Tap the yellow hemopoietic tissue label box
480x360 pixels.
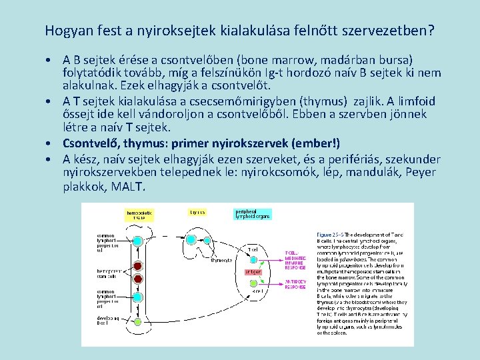pos(140,215)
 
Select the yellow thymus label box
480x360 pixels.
pos(197,213)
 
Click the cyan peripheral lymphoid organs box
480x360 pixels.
pos(252,214)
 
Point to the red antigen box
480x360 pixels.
pos(253,272)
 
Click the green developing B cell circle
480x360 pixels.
pos(138,322)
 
